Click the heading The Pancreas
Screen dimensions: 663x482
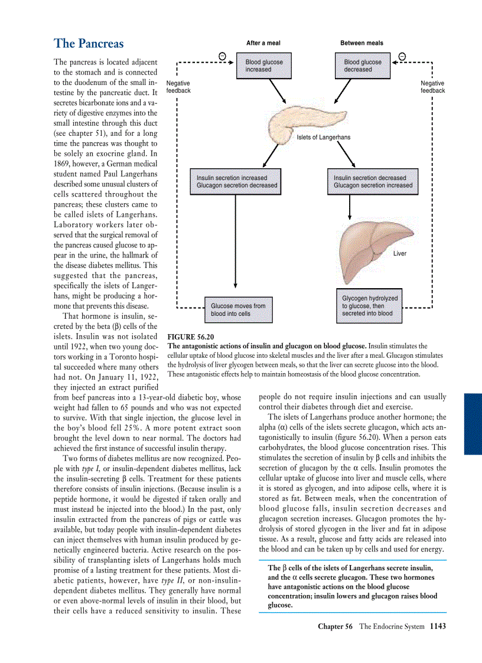tap(89, 44)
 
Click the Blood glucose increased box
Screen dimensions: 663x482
tap(264, 66)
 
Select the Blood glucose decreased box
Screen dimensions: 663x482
tap(363, 66)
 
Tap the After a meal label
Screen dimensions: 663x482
tap(263, 43)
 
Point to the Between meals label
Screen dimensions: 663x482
tap(361, 43)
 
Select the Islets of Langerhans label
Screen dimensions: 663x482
tap(323, 138)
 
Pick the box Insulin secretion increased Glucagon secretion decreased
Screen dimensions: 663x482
tap(236, 181)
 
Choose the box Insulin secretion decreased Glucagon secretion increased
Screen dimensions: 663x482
tap(373, 181)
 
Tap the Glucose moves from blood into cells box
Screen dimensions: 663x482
tap(238, 310)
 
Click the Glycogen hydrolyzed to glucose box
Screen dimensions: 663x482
tap(370, 306)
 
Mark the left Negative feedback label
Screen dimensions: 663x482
tap(178, 87)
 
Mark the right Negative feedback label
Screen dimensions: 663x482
tap(432, 87)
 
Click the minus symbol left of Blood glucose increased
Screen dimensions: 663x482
tap(222, 55)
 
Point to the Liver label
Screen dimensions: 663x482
tap(399, 253)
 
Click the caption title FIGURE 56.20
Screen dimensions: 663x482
tap(191, 337)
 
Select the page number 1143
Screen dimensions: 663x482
tap(438, 642)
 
